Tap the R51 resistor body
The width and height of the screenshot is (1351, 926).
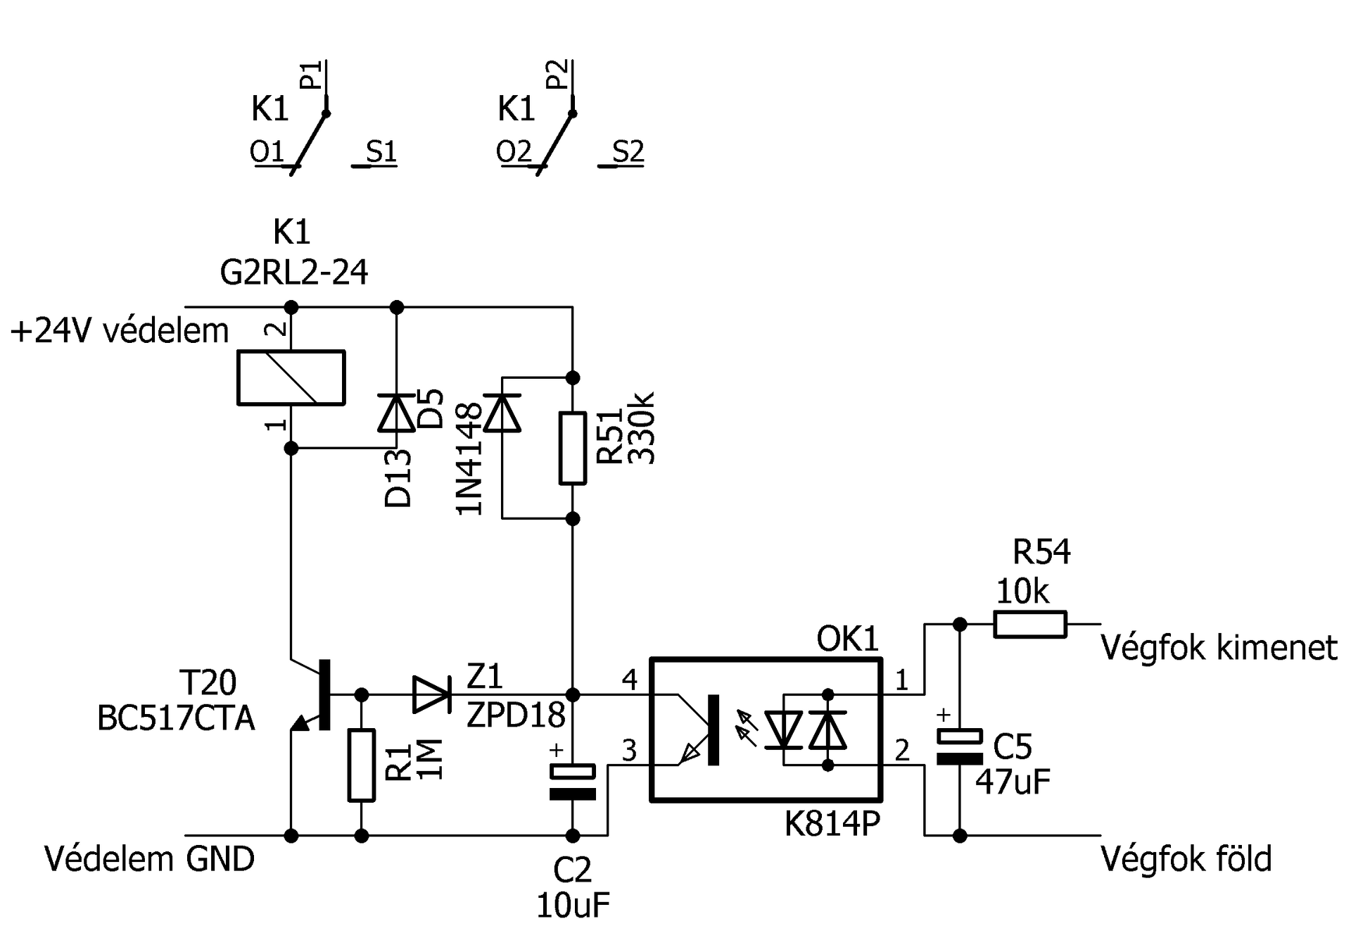[x=573, y=449]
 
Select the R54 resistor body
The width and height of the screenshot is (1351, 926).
[x=1030, y=624]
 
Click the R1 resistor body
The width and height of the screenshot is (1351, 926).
[x=362, y=765]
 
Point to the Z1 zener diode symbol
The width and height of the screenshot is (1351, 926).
[x=432, y=695]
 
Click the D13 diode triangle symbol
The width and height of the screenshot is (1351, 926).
[x=397, y=413]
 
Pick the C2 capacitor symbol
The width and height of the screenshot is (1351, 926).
[x=573, y=782]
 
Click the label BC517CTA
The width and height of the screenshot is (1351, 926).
[x=176, y=719]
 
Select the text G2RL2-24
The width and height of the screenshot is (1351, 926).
[x=294, y=272]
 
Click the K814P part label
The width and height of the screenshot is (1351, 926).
[x=832, y=822]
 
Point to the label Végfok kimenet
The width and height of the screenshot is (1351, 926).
[x=1219, y=647]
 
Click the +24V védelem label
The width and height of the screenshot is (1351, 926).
[x=120, y=330]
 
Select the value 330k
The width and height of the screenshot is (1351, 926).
[x=641, y=427]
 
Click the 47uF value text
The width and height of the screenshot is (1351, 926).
[x=1013, y=782]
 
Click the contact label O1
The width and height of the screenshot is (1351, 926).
[x=267, y=151]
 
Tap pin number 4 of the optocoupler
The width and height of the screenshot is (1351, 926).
[x=630, y=680]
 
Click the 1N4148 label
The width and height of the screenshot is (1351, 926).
[x=470, y=458]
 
